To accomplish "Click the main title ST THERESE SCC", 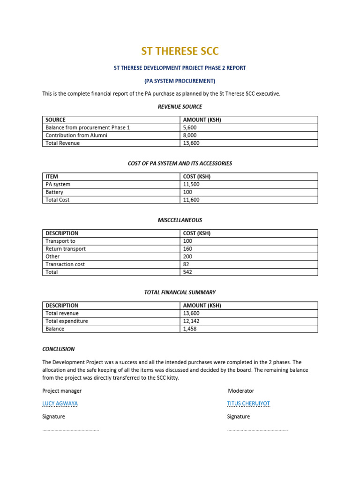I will click(180, 51).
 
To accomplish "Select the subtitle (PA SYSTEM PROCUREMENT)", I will click(180, 81).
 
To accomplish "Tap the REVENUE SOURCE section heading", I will click(180, 107).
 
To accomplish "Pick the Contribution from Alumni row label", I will click(76, 135).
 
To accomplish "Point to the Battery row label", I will click(54, 192).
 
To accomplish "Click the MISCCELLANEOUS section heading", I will click(180, 220).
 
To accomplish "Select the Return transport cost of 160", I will click(187, 249).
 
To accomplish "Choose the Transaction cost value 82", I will click(186, 264).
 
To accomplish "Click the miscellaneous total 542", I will click(187, 272).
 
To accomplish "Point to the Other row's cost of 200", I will click(187, 257).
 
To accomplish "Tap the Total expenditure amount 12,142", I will click(190, 321).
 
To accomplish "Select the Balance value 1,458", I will click(189, 329).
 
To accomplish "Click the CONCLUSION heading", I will click(59, 349).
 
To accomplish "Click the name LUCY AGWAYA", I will click(60, 404).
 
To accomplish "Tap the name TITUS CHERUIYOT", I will click(248, 404).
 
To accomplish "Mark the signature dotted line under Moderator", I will click(257, 430).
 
